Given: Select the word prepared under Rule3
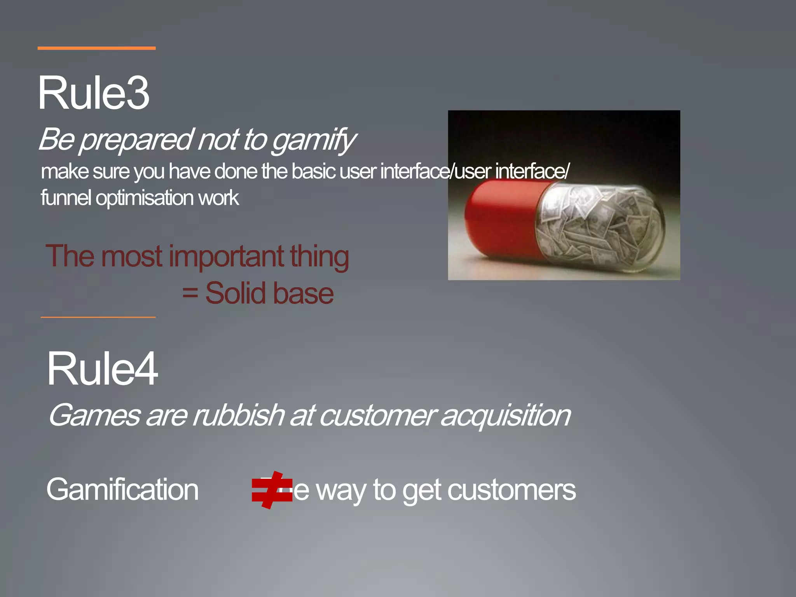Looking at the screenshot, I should pyautogui.click(x=136, y=140).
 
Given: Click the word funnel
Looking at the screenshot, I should pyautogui.click(x=66, y=198).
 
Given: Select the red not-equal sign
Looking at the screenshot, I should pyautogui.click(x=272, y=490).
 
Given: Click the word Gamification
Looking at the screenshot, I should pyautogui.click(x=122, y=489).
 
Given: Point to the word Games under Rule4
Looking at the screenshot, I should pyautogui.click(x=94, y=415).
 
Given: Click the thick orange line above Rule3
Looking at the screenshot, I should pyautogui.click(x=96, y=48).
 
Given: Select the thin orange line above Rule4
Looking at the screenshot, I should pyautogui.click(x=98, y=317).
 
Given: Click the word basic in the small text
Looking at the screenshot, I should pyautogui.click(x=313, y=171).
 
